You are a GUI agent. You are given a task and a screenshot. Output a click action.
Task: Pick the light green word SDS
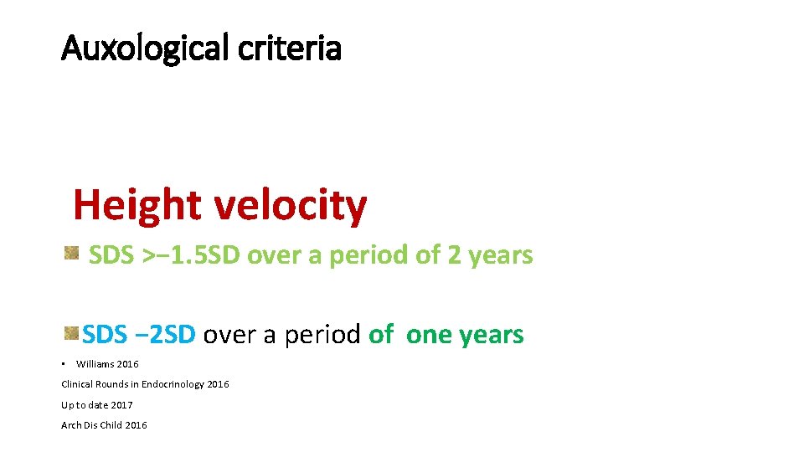coord(111,254)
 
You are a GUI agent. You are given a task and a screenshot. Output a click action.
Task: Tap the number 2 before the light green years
coord(454,254)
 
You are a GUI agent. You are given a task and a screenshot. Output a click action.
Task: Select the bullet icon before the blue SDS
coord(72,334)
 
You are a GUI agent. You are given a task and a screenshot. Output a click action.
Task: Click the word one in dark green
coord(429,335)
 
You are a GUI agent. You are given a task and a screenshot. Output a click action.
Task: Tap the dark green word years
coord(492,335)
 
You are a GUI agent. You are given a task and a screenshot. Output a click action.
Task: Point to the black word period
coord(322,335)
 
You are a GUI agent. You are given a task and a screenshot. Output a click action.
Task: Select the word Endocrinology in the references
coord(173,384)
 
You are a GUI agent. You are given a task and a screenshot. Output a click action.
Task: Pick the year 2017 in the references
coord(121,405)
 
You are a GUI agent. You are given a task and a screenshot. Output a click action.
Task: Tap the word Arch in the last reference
coord(71,425)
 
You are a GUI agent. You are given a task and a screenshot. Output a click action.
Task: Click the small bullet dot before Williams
coord(64,364)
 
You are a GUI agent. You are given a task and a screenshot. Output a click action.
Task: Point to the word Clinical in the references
coord(78,384)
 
